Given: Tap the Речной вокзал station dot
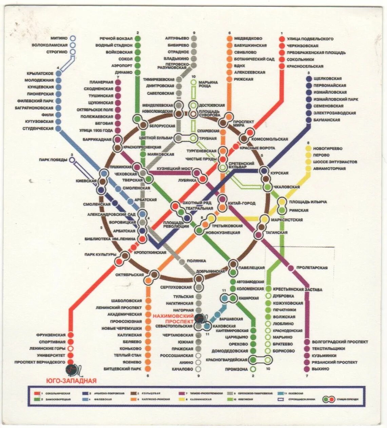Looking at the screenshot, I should pyautogui.click(x=137, y=38).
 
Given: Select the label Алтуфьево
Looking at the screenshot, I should pyautogui.click(x=177, y=38).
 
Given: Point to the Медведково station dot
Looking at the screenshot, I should pyautogui.click(x=229, y=38).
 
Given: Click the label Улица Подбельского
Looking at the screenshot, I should pyautogui.click(x=310, y=39).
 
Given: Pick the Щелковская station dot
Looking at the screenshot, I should pyautogui.click(x=309, y=79).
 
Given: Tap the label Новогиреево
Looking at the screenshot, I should pyautogui.click(x=328, y=148).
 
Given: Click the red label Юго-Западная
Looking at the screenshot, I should pyautogui.click(x=71, y=381).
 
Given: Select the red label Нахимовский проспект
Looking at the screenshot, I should pyautogui.click(x=173, y=318).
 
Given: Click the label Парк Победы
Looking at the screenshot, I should pyautogui.click(x=53, y=160).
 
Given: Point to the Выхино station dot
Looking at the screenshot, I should pyautogui.click(x=307, y=369).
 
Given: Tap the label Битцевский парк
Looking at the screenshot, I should pyautogui.click(x=122, y=369).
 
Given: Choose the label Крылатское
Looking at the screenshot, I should pyautogui.click(x=40, y=74).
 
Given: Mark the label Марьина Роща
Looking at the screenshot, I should pyautogui.click(x=208, y=84).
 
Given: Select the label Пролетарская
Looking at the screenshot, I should pyautogui.click(x=312, y=268).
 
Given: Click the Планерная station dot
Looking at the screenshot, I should pyautogui.click(x=118, y=82).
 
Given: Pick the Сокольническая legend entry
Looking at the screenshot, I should pyautogui.click(x=55, y=393).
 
